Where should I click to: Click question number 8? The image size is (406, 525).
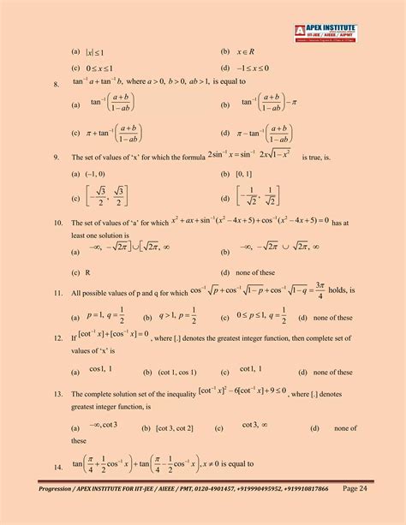coord(56,83)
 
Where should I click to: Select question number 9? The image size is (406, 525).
coord(56,158)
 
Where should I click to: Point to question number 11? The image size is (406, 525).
coord(57,293)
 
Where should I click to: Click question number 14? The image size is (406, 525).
coord(57,467)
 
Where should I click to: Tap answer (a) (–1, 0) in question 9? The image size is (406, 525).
coord(96,174)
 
